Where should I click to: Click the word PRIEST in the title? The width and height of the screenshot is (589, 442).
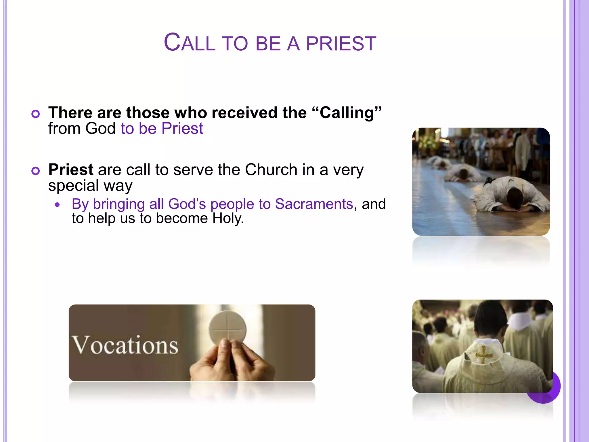[341, 44]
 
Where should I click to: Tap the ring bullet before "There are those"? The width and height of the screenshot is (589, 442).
[35, 114]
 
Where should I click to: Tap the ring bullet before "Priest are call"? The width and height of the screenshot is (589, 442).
[35, 171]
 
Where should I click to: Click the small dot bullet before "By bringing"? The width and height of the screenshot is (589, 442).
[58, 205]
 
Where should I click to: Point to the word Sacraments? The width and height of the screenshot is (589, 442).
[314, 204]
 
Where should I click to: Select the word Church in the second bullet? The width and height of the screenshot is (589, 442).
[271, 170]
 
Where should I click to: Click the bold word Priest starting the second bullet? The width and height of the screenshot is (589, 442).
[71, 170]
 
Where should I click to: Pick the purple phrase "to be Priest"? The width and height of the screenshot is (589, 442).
[162, 129]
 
